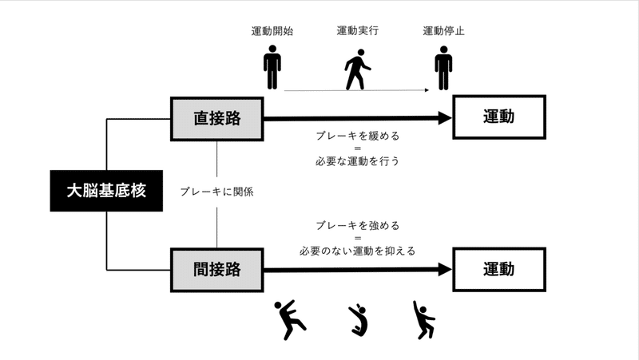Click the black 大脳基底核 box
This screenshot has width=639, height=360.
click(x=106, y=191)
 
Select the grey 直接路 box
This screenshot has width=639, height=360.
click(x=217, y=118)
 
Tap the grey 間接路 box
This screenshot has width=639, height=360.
click(x=217, y=270)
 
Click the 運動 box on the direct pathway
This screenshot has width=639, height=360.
click(x=498, y=118)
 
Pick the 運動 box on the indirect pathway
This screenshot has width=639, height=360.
click(x=498, y=270)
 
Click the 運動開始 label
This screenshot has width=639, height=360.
click(x=272, y=32)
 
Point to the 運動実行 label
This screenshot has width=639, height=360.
click(x=357, y=32)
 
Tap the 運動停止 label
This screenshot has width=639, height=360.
click(x=443, y=32)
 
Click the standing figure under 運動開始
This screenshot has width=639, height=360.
click(x=272, y=68)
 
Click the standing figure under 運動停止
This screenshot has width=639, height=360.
click(x=443, y=68)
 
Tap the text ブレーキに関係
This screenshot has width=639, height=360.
click(x=216, y=192)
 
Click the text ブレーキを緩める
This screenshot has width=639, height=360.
click(x=357, y=136)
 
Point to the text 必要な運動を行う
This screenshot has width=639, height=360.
click(x=357, y=160)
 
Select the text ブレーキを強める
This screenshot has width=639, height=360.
click(x=357, y=226)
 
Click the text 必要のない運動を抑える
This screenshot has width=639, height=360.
click(x=357, y=251)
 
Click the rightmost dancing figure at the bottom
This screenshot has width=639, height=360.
click(x=423, y=319)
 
